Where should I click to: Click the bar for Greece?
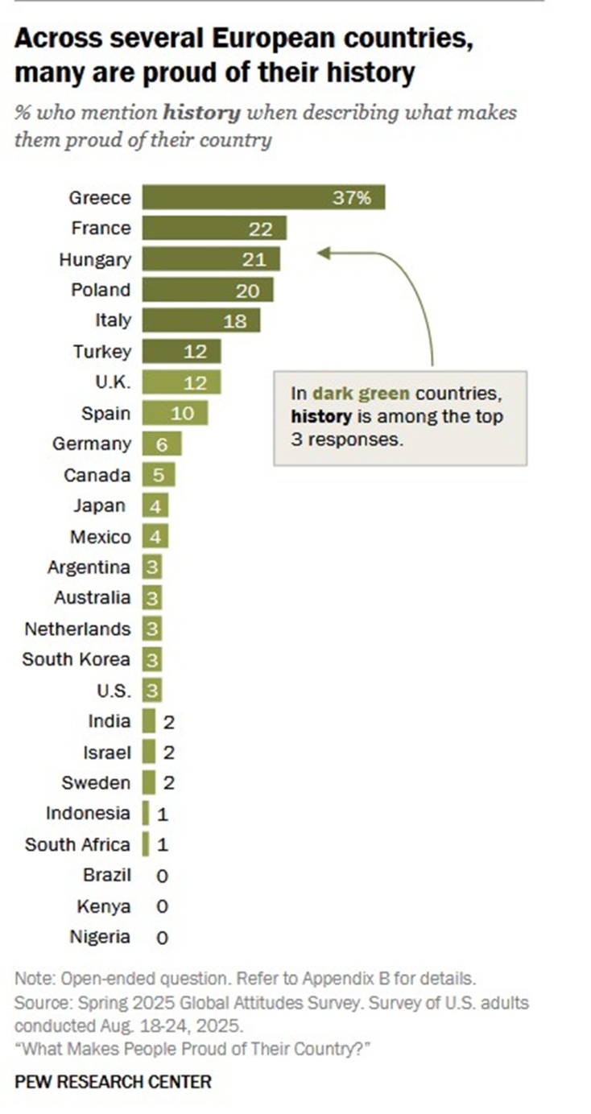click(263, 197)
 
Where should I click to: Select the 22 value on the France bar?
click(261, 229)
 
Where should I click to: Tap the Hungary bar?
click(211, 259)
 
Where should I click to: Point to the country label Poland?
click(100, 290)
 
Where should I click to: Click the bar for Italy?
click(201, 320)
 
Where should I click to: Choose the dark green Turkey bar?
click(181, 351)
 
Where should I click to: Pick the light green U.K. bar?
click(181, 382)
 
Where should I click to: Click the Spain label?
click(105, 413)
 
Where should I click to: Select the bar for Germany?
click(162, 444)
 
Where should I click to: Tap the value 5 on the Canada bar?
click(159, 475)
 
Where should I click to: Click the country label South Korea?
click(76, 659)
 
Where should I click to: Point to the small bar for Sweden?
click(149, 782)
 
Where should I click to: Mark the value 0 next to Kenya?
click(162, 906)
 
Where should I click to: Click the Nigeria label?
click(100, 937)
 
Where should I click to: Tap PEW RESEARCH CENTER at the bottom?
click(113, 1081)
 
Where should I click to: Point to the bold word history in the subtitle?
click(201, 113)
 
